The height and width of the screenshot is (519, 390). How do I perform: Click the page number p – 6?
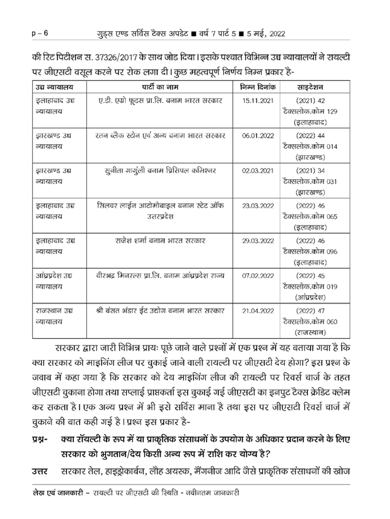click(38, 34)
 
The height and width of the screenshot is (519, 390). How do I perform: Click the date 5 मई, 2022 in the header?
click(259, 34)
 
